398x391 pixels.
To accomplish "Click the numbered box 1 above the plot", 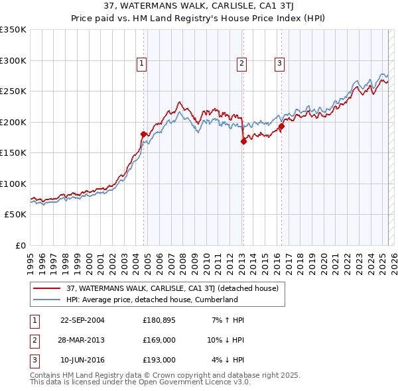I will click(142, 64).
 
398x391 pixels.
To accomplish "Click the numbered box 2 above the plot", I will click(241, 64).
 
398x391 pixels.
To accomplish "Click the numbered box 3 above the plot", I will click(279, 64).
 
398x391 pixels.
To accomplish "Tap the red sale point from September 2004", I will click(143, 134).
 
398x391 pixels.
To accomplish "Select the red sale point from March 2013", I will click(243, 140).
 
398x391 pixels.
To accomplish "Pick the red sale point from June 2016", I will click(281, 126).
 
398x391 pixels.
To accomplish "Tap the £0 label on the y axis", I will click(20, 245).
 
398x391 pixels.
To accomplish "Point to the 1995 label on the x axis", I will click(31, 258).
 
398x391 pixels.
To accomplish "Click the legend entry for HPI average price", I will click(151, 300).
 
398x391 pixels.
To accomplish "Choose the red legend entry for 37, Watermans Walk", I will click(176, 288).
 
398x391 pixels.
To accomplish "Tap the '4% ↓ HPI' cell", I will click(228, 360).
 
